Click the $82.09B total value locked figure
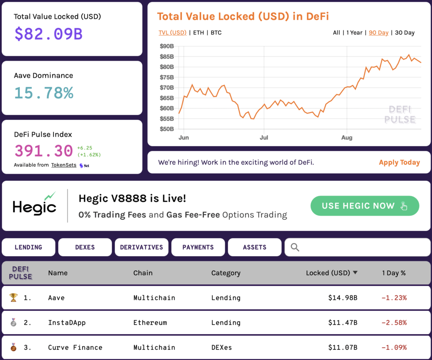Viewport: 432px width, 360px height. coord(49,34)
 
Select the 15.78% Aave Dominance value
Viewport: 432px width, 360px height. coord(44,93)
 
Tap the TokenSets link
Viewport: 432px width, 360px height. coord(64,165)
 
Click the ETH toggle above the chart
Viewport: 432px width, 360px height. coord(198,33)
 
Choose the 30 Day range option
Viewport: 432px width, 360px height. coord(405,33)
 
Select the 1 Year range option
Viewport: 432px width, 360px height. coord(354,33)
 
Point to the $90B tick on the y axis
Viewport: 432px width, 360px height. coord(167,46)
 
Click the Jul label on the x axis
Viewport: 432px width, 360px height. coord(264,138)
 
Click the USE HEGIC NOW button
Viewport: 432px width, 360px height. coord(364,206)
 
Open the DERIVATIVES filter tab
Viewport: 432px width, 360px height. coord(141,247)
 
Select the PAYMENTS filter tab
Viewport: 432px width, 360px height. coord(198,247)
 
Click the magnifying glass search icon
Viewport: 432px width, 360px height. coord(295,247)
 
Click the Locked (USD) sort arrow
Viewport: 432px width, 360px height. coord(355,273)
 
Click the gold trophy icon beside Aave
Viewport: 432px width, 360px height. coord(13,298)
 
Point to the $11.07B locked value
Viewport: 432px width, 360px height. coord(343,348)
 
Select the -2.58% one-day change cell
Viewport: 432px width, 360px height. coord(394,323)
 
